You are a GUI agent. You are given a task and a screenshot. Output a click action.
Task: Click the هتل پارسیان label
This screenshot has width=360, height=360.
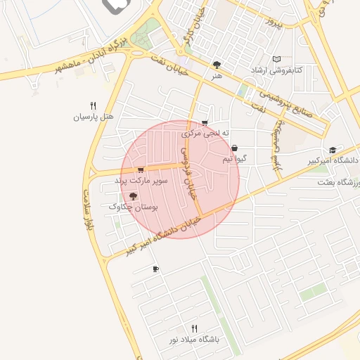click(94, 116)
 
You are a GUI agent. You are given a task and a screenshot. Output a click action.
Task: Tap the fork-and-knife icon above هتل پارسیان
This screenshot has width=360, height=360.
click(94, 105)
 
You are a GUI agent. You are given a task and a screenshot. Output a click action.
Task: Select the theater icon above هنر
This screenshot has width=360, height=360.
click(217, 65)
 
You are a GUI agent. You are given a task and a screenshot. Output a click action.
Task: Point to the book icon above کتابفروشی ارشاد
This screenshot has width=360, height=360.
click(277, 60)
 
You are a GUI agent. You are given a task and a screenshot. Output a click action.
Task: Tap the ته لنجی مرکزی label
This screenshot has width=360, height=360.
click(206, 132)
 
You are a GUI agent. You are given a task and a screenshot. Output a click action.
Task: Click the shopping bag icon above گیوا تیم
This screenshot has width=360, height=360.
click(233, 148)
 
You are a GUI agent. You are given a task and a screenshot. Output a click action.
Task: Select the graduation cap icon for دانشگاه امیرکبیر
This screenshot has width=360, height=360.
click(332, 150)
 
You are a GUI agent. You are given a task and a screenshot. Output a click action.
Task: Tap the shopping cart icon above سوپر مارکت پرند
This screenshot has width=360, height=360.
click(141, 169)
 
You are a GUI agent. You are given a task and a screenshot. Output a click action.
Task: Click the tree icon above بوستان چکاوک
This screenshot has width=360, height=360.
click(133, 197)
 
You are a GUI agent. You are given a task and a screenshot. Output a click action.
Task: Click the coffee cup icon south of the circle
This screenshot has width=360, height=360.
click(155, 268)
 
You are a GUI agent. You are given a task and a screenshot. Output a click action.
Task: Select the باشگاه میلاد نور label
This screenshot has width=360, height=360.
click(194, 339)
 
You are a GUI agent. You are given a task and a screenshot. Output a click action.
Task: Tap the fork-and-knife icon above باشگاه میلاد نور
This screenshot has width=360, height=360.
click(195, 328)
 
